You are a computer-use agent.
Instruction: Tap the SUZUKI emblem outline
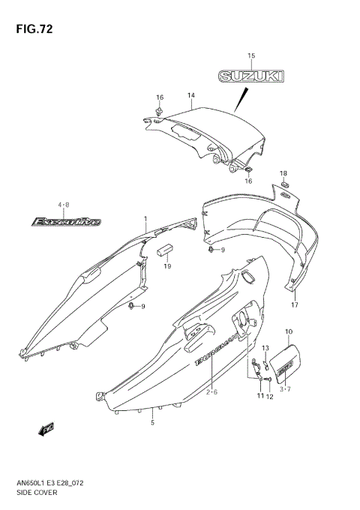[251, 76]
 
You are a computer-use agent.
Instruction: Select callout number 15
[251, 56]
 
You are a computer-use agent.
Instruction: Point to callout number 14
[191, 95]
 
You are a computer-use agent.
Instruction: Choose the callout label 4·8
[63, 205]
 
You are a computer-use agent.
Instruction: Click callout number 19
[167, 266]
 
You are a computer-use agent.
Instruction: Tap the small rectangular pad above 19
[165, 250]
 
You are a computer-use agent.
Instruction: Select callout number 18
[283, 173]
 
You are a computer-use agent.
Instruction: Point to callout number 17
[295, 305]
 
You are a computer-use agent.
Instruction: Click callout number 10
[289, 331]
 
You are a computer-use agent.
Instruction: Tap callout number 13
[265, 348]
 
